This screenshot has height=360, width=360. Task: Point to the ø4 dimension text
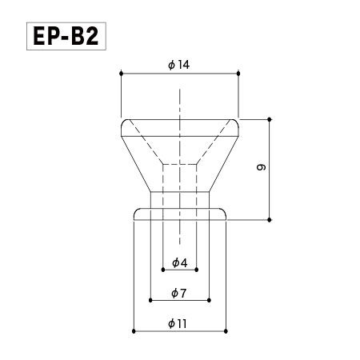click(179, 262)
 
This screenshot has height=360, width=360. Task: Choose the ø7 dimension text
click(179, 293)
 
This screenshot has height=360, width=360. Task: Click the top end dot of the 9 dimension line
click(270, 118)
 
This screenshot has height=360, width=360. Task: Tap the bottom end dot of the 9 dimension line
click(270, 218)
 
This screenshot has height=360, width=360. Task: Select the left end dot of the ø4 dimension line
click(162, 270)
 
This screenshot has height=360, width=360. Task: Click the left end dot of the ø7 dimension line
click(150, 301)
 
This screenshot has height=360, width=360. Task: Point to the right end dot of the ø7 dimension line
click(209, 301)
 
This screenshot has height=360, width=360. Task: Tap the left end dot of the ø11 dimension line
click(133, 330)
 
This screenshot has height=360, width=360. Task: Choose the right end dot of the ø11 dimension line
click(227, 330)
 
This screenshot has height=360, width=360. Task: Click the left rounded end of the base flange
click(135, 214)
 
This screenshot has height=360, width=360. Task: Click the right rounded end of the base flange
click(225, 214)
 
